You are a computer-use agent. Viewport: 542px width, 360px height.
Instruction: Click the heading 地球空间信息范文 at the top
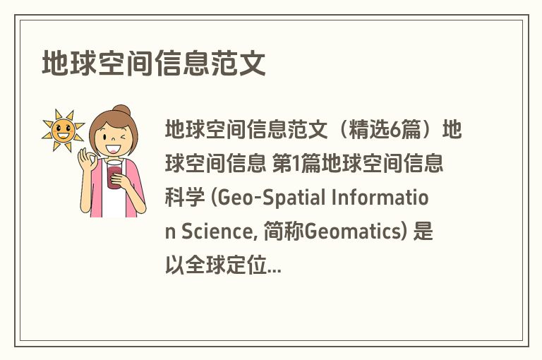pyautogui.click(x=154, y=64)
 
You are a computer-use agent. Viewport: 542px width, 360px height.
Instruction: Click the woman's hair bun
pyautogui.click(x=122, y=112)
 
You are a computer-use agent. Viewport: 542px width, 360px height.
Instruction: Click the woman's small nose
pyautogui.click(x=114, y=140)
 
